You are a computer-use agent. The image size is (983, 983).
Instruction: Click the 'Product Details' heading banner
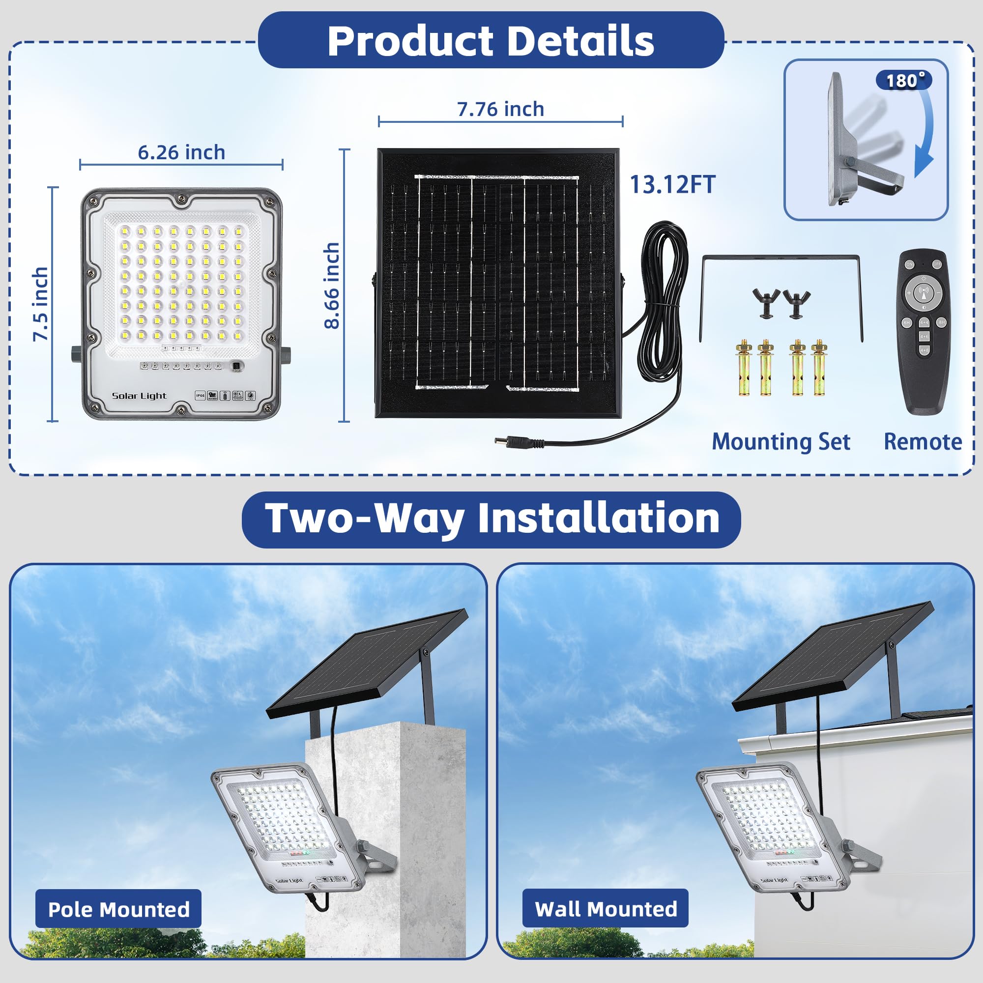491,41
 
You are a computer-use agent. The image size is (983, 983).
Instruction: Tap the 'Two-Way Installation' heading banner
491,519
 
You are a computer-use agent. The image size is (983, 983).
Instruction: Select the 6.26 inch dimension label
181,153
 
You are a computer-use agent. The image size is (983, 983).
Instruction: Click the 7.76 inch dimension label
500,110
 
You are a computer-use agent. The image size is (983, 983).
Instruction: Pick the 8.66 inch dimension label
332,286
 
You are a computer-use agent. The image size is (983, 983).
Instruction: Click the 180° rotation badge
904,81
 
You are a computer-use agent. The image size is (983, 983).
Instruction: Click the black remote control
923,331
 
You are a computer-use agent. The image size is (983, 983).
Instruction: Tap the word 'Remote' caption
923,442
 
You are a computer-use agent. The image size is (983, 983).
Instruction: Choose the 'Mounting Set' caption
781,442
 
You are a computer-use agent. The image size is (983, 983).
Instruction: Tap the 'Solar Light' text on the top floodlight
139,396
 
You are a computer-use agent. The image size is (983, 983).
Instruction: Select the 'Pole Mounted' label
118,909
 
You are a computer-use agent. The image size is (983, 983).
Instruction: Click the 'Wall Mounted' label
606,909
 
